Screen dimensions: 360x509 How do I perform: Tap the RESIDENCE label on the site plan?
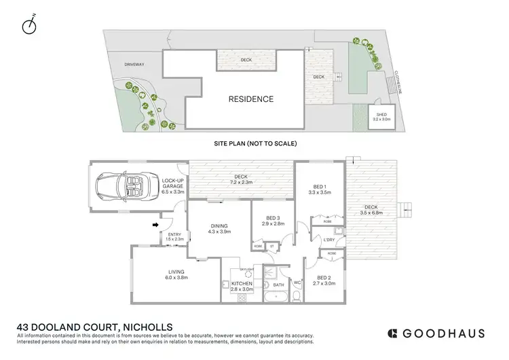point(250,99)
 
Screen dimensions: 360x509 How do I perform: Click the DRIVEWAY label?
point(134,65)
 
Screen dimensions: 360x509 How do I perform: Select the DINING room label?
point(219,226)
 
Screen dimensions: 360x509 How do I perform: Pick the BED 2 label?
point(324,278)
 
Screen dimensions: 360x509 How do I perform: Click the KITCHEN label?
point(242,283)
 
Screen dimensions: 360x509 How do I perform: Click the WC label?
point(297,283)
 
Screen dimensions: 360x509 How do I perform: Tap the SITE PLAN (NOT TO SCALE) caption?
point(254,144)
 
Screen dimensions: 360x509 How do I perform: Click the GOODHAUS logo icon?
point(392,333)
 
